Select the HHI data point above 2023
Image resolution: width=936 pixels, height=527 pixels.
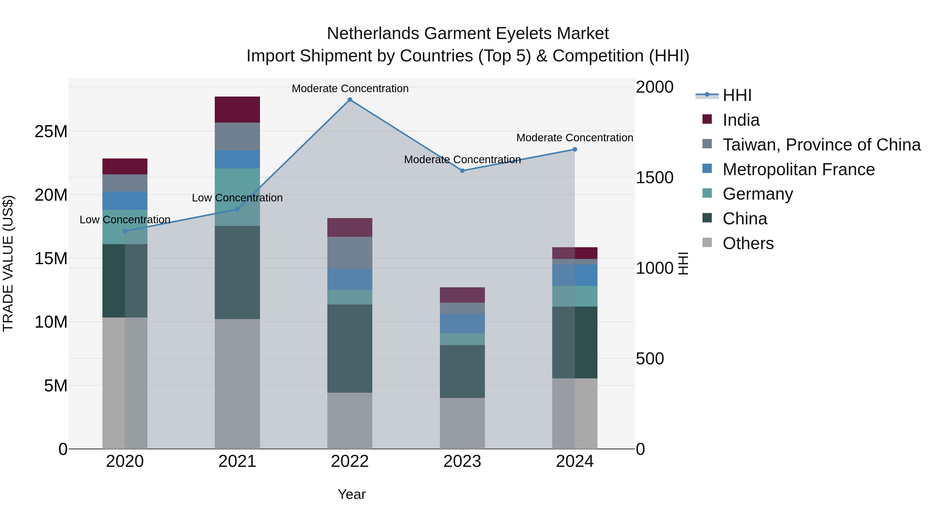(462, 170)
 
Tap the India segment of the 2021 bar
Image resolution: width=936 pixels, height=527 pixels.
(237, 110)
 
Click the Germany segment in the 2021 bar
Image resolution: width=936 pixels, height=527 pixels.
(237, 197)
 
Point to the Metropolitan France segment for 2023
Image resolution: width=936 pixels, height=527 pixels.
(462, 323)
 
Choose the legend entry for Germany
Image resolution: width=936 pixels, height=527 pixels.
(758, 194)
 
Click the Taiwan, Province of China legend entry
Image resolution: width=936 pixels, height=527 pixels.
(821, 145)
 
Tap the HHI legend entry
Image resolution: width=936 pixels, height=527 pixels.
(737, 95)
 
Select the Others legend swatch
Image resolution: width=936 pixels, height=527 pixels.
(707, 243)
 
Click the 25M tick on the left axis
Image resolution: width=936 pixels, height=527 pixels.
(51, 131)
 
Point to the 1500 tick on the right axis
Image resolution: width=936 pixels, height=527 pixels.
(654, 177)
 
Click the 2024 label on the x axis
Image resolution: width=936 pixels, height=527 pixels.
(574, 461)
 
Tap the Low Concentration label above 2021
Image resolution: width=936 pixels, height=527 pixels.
(237, 198)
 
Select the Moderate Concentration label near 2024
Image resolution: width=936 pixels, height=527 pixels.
(574, 138)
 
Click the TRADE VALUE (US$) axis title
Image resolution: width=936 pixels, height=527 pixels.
(8, 263)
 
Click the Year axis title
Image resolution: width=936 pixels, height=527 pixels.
(351, 494)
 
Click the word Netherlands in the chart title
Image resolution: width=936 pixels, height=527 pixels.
(373, 34)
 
